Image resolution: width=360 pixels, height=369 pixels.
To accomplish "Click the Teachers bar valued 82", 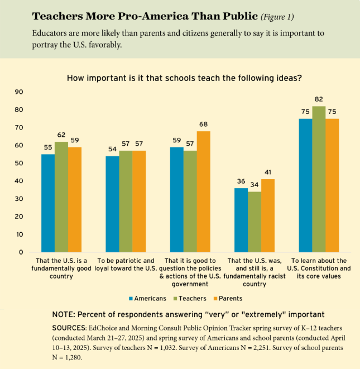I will [319, 179].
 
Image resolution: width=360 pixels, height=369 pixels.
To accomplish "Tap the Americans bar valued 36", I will [241, 220].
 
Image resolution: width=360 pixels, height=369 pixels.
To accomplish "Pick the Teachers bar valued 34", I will [255, 222].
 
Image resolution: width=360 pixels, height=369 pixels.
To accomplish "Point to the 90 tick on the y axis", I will [20, 92].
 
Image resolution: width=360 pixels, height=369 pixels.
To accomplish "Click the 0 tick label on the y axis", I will [22, 252].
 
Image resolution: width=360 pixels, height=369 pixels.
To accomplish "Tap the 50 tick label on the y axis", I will [20, 163].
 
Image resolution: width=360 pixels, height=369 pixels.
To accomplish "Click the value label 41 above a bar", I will [268, 173].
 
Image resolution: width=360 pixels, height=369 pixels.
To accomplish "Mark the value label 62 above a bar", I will [61, 135].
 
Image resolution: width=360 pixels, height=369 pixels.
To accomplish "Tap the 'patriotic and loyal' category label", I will [126, 264].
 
